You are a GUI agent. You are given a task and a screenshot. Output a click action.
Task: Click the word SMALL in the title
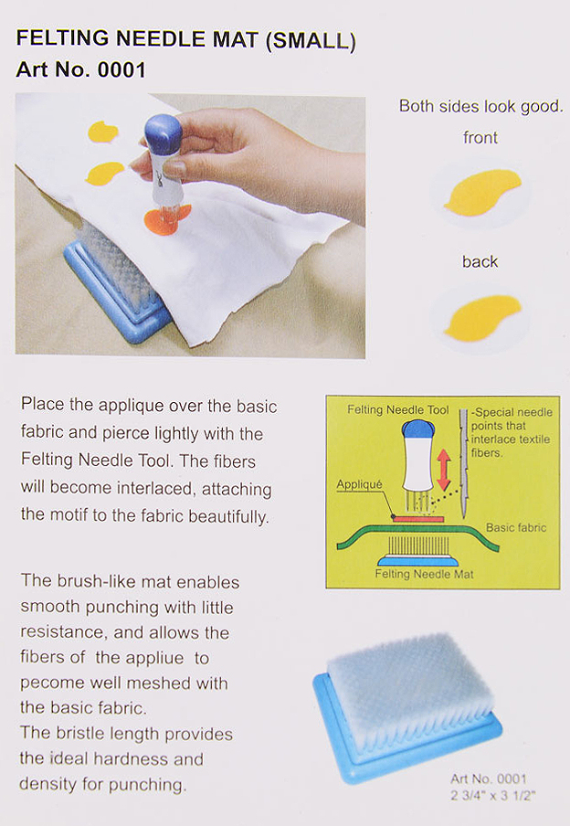click(311, 40)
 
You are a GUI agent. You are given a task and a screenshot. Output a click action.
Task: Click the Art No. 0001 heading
click(80, 70)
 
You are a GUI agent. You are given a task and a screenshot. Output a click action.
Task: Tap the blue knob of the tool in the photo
click(163, 133)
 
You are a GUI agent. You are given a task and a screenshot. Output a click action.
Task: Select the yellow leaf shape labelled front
click(482, 192)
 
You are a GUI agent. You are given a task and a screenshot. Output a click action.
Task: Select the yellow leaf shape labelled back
click(482, 318)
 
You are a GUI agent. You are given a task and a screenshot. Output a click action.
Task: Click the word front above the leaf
click(480, 138)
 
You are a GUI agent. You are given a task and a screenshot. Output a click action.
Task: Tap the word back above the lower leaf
click(480, 262)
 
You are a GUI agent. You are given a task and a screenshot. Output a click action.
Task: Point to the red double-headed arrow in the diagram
click(444, 470)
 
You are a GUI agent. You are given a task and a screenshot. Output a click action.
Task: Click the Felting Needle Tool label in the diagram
click(397, 410)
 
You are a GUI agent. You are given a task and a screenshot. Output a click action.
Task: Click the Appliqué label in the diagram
click(359, 484)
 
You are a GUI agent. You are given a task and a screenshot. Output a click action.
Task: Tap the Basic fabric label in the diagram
click(516, 527)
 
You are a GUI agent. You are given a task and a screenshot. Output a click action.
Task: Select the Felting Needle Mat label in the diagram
click(424, 574)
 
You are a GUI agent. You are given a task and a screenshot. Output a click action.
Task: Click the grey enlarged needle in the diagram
click(463, 463)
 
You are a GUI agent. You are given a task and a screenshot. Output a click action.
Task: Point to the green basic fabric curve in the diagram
click(417, 531)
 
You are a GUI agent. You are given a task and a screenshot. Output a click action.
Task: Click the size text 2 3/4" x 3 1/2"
click(492, 795)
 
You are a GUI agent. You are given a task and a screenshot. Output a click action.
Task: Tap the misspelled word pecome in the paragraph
click(52, 683)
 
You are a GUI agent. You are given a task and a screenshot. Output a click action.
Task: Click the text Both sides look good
click(480, 106)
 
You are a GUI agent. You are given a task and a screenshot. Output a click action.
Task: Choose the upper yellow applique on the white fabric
click(102, 132)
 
